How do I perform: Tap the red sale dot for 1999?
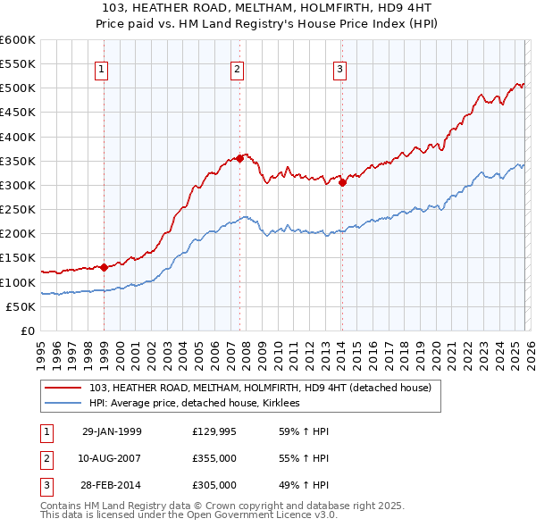point(105,267)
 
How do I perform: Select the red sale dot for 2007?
point(239,158)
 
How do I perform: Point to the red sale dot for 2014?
point(343,182)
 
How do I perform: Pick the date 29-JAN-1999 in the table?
point(112,431)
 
